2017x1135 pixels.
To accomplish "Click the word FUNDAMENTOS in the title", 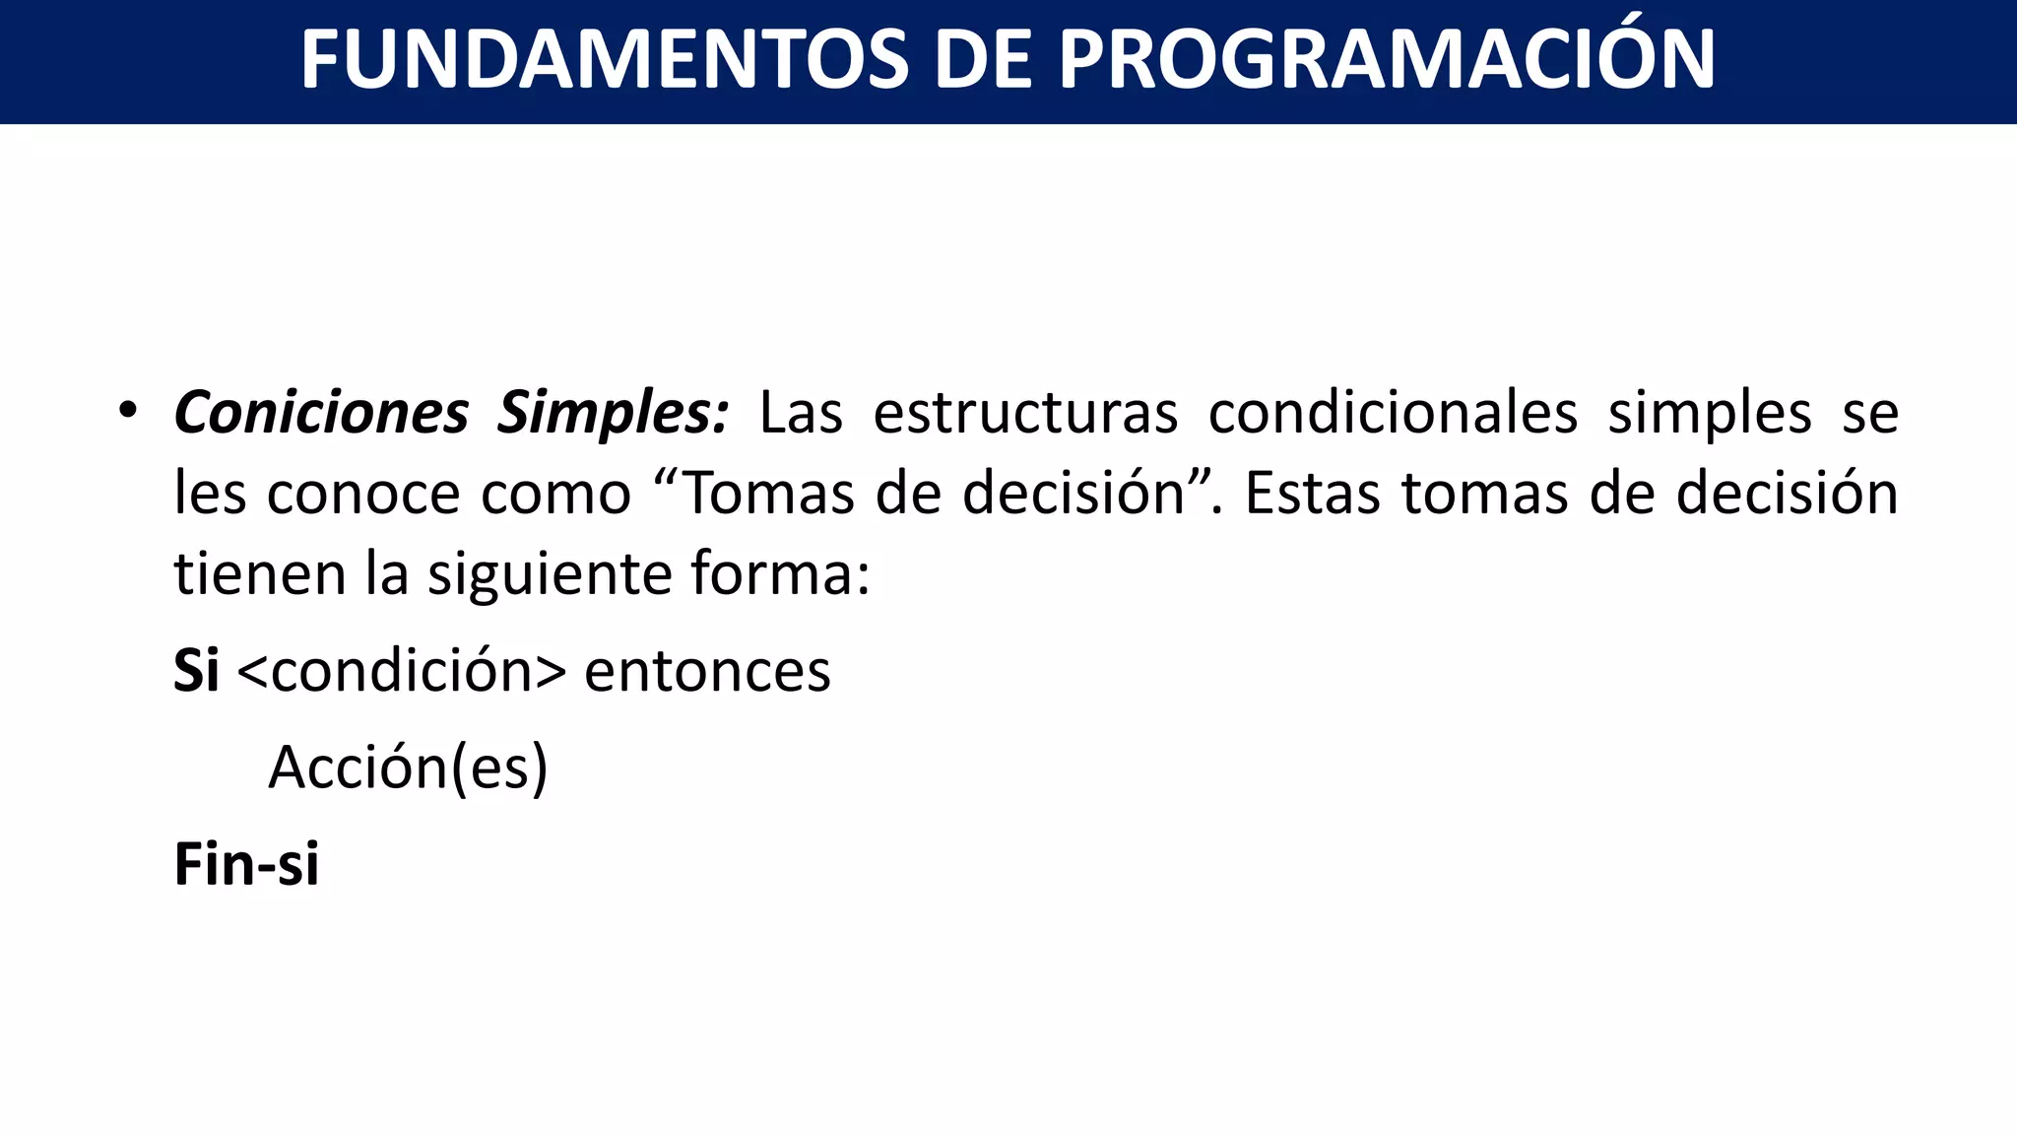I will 604,61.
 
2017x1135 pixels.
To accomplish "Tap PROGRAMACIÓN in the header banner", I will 1387,61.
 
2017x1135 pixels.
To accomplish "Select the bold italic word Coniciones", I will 321,413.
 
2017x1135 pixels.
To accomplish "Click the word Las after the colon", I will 801,413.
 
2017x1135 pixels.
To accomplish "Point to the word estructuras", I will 1025,413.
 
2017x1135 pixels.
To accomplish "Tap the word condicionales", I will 1393,413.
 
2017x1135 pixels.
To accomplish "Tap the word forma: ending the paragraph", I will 780,573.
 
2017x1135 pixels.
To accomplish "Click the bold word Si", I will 196,671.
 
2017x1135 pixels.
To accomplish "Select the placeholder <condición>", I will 402,671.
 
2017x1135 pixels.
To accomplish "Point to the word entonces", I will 707,671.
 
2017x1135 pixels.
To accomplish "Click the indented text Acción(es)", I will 408,768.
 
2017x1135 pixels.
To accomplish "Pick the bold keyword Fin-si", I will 246,864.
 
